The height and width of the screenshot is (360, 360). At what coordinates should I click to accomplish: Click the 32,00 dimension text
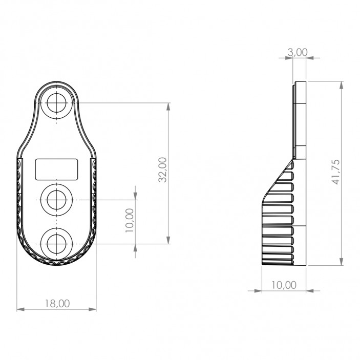[162, 170]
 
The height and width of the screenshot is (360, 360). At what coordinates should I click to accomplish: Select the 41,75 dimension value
[335, 172]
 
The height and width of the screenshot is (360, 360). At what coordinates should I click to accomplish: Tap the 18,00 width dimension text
[57, 303]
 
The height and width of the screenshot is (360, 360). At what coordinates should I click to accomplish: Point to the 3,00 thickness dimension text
[298, 52]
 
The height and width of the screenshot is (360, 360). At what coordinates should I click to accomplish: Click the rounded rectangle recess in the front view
[56, 169]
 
